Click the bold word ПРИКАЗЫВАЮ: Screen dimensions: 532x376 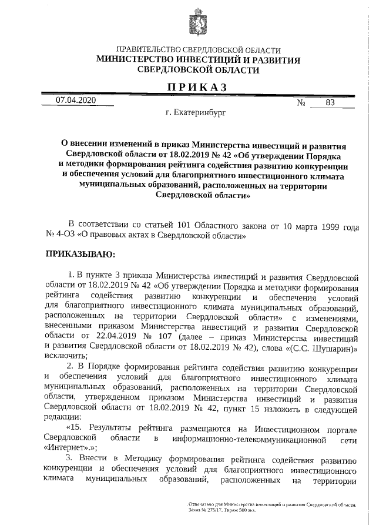point(81,254)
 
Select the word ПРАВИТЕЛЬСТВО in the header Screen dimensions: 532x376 point(147,51)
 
